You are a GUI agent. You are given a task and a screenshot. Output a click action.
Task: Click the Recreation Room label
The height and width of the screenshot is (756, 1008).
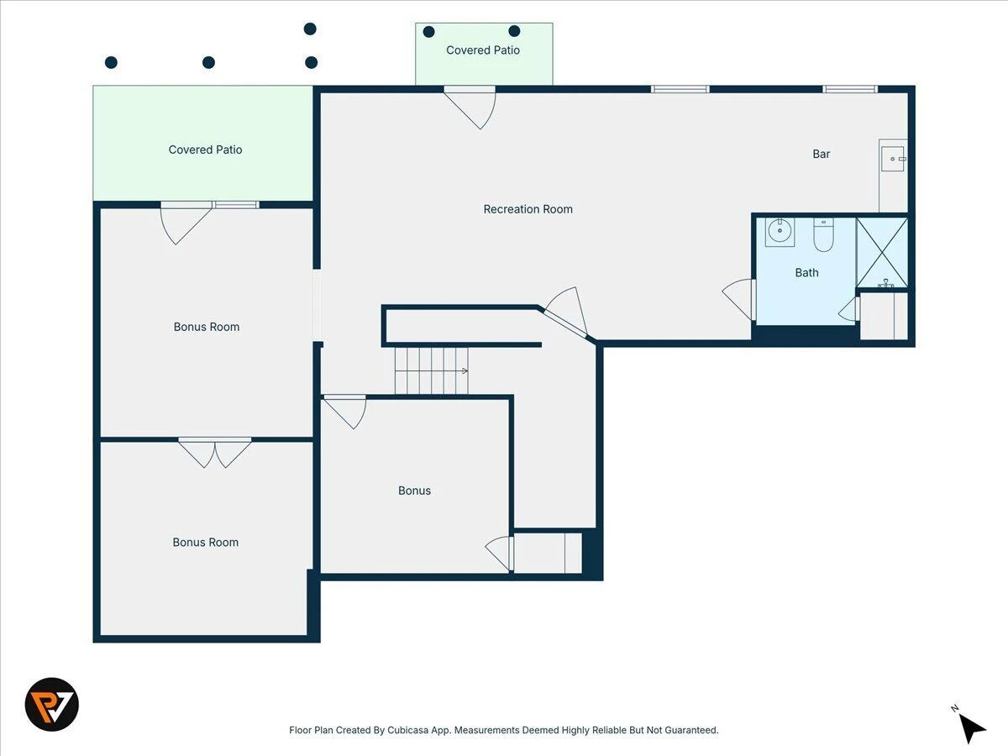[528, 209]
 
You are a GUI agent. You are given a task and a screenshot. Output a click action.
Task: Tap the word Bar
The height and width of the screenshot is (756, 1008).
[821, 154]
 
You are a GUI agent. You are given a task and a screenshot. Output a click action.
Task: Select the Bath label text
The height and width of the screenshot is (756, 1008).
[806, 273]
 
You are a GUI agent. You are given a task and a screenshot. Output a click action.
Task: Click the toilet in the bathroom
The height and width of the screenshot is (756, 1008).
[823, 234]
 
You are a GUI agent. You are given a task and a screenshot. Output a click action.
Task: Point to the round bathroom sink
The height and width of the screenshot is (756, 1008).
[780, 231]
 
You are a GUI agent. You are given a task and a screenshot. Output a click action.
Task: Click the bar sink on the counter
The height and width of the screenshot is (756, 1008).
[893, 159]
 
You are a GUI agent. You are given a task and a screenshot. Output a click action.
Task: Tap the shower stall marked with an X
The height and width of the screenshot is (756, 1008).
[882, 253]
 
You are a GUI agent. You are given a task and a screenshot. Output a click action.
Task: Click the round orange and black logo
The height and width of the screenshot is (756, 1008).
[52, 704]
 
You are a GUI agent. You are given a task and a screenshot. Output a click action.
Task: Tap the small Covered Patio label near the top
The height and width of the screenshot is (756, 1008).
[483, 50]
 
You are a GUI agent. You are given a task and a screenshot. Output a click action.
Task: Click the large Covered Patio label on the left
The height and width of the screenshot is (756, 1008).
[205, 150]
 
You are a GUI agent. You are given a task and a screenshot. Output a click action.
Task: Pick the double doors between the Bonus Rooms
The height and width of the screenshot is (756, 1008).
[215, 453]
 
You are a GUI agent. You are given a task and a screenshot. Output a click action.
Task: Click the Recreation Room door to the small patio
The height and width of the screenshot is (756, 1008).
[470, 108]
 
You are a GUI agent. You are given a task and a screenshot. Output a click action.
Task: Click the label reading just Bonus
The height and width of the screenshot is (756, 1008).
[414, 491]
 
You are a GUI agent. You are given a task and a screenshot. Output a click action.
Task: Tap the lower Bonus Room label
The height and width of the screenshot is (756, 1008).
[205, 542]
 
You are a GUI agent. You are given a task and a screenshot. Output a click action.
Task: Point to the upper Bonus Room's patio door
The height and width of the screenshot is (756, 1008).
[186, 223]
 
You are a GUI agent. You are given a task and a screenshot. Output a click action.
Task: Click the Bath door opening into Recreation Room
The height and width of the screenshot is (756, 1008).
[739, 299]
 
